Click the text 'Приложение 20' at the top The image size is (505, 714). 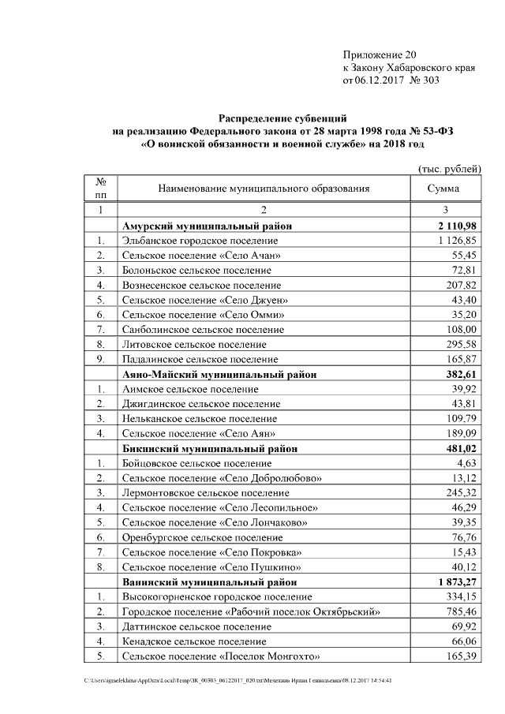(x=379, y=54)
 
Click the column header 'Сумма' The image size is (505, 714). (x=443, y=189)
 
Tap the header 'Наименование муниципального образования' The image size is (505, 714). (x=264, y=189)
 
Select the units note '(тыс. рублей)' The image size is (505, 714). (x=448, y=169)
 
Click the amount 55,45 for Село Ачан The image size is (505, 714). (x=463, y=256)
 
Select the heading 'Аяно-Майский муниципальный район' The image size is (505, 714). (x=219, y=375)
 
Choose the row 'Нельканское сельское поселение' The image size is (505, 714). (x=200, y=419)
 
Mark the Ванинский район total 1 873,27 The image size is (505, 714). (x=455, y=582)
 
